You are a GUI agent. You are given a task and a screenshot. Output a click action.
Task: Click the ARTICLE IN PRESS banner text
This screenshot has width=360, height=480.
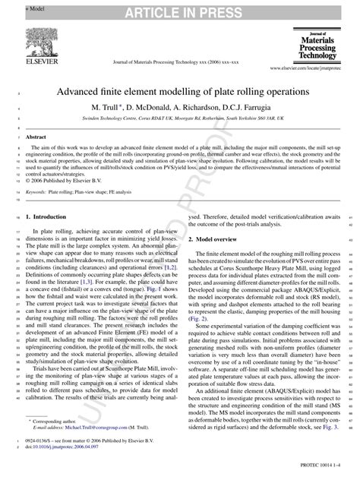click(179, 8)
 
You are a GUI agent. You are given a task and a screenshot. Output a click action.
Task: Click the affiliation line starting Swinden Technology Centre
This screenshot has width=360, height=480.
click(179, 119)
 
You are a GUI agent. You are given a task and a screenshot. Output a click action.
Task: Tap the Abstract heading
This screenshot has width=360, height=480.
click(36, 137)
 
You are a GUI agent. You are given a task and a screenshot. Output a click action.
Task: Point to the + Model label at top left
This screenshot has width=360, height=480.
click(15, 5)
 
